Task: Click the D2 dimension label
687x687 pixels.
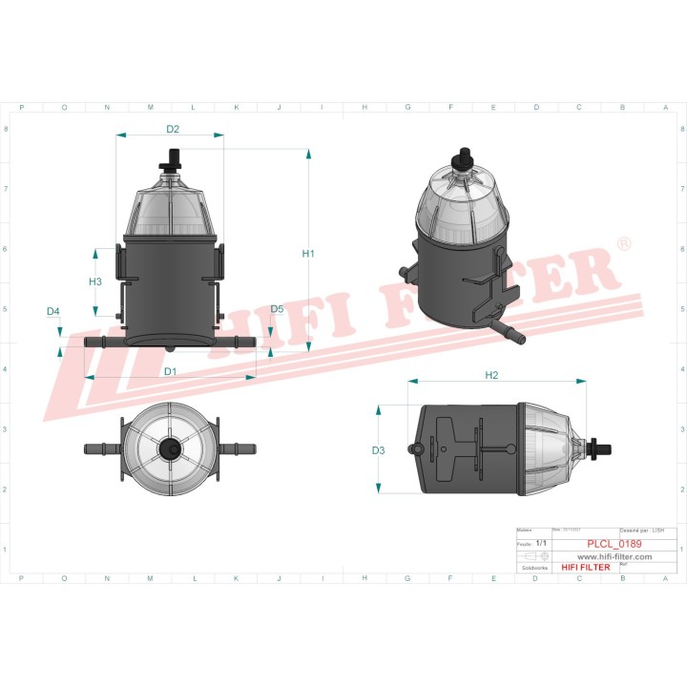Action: [173, 128]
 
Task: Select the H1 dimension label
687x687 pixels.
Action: [308, 254]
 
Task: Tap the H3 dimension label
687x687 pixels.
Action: [95, 281]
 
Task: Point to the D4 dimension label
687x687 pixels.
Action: [53, 312]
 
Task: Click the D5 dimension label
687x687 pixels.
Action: [277, 309]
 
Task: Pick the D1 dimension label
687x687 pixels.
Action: [170, 370]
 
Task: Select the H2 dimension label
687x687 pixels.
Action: [492, 375]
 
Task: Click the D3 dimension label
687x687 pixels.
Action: [378, 450]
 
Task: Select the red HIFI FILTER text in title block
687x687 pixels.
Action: [584, 567]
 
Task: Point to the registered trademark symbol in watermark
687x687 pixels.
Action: [622, 245]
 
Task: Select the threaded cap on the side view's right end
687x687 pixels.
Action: [601, 444]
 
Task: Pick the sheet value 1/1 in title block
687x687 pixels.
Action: [542, 543]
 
